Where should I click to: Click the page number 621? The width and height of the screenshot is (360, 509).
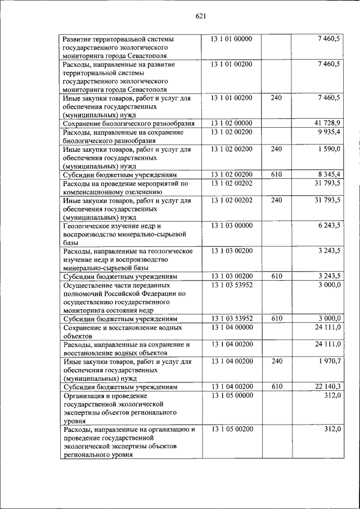pyautogui.click(x=202, y=16)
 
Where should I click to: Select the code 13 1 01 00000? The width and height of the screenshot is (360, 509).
pyautogui.click(x=232, y=39)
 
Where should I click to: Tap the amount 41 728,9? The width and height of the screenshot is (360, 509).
pyautogui.click(x=328, y=123)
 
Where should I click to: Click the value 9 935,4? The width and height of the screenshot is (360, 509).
pyautogui.click(x=330, y=132)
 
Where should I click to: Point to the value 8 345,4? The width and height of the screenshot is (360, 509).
pyautogui.click(x=330, y=175)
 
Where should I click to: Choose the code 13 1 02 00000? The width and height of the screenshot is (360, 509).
pyautogui.click(x=232, y=123)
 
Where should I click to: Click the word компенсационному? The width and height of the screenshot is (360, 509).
pyautogui.click(x=91, y=192)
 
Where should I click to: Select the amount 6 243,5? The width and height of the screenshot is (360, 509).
pyautogui.click(x=330, y=226)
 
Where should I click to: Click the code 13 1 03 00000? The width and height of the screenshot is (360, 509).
pyautogui.click(x=232, y=226)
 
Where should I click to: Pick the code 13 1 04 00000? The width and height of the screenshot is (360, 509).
pyautogui.click(x=232, y=327)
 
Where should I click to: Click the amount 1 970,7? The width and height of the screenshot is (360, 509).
pyautogui.click(x=330, y=361)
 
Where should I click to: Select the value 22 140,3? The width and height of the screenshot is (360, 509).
pyautogui.click(x=328, y=386)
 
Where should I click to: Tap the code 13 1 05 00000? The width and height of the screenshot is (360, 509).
pyautogui.click(x=232, y=395)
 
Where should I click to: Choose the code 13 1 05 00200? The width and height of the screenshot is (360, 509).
pyautogui.click(x=232, y=429)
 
